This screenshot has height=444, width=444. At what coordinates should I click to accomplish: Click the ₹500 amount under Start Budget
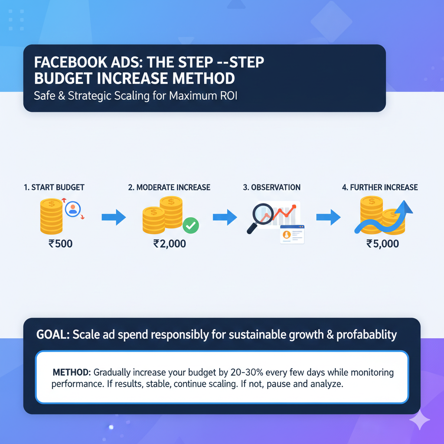[60, 244]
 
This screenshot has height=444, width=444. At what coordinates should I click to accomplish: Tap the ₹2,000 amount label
[170, 244]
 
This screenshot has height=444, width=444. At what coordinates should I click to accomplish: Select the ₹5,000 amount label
[382, 244]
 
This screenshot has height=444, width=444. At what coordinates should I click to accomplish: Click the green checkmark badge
[191, 225]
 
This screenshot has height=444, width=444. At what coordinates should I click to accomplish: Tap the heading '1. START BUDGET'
[54, 187]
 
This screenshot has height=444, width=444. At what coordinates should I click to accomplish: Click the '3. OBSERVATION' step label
[271, 187]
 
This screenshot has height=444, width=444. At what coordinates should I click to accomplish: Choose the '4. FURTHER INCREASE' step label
[379, 187]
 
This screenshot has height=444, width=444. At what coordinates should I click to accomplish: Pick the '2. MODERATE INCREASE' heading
[169, 187]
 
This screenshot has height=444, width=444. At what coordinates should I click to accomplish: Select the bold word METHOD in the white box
[71, 372]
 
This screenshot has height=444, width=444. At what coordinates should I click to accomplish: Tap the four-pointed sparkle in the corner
[419, 419]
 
